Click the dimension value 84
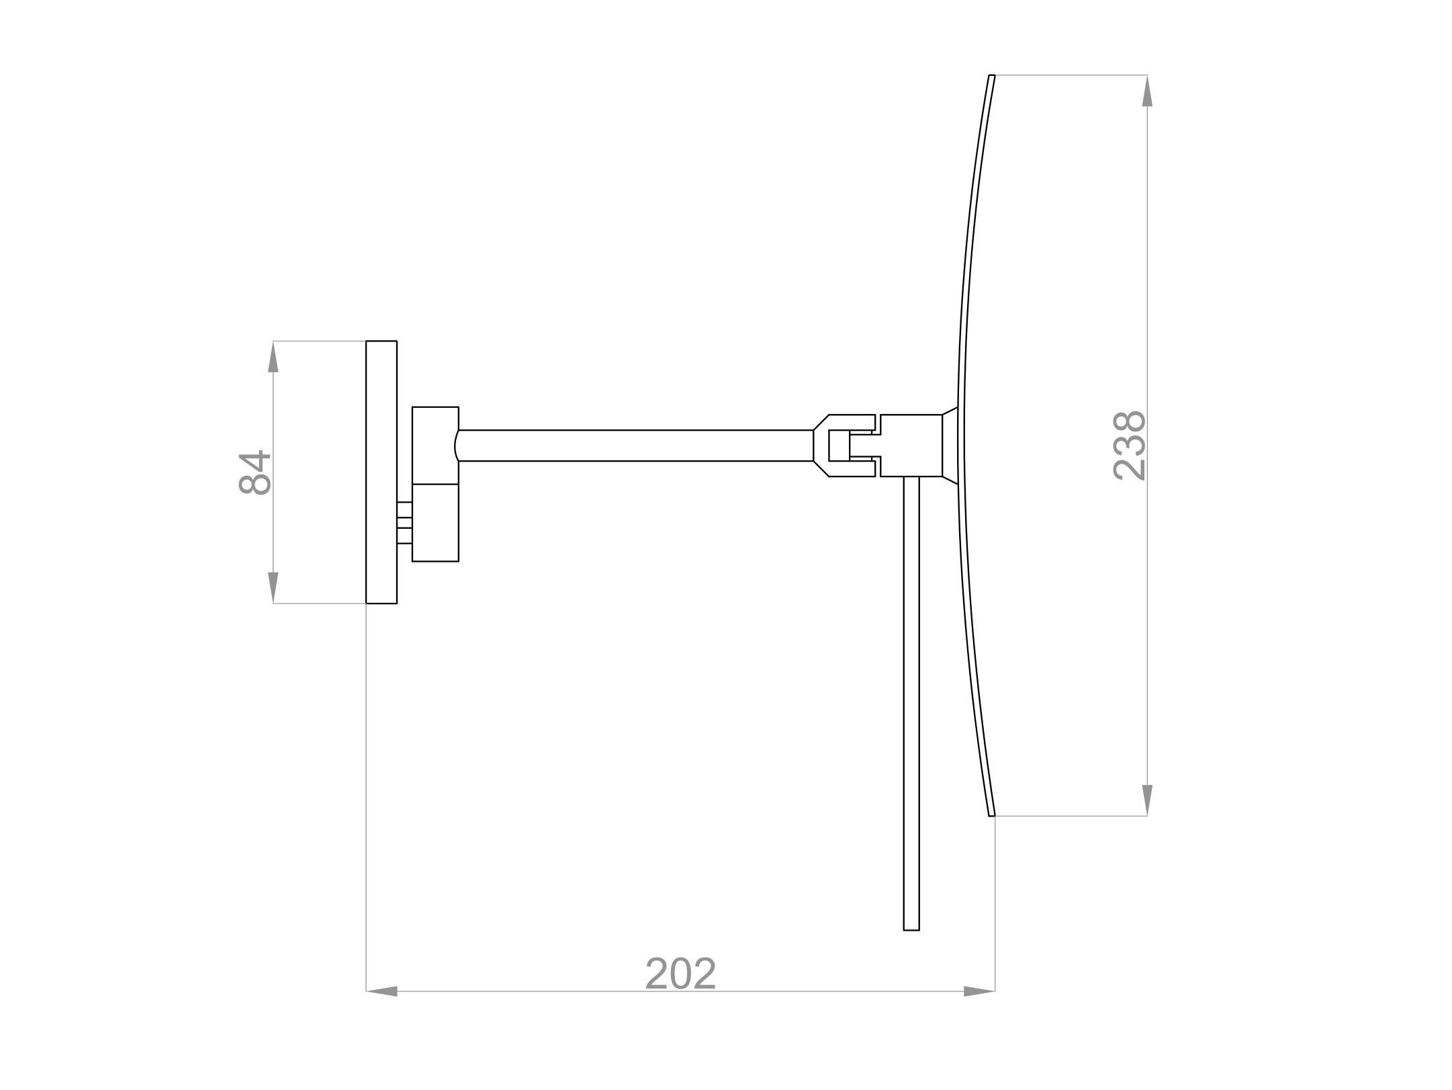255,472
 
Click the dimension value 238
1129,446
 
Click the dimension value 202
680,974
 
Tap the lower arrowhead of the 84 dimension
273,587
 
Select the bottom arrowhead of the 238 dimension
1147,799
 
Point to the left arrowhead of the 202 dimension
382,991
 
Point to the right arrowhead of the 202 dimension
979,991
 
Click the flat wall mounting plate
381,472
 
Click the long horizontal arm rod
635,446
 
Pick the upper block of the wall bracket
435,445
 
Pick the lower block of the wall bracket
435,522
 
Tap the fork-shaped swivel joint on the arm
843,446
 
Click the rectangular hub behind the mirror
911,446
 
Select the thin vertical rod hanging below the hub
911,699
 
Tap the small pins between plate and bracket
404,522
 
